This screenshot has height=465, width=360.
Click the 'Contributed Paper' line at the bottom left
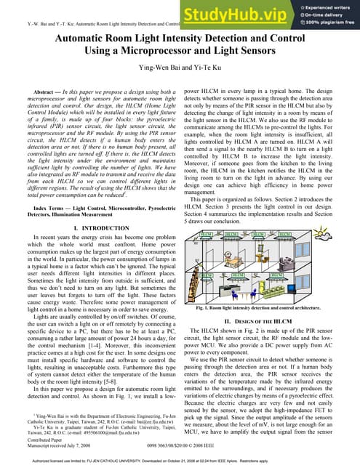30,440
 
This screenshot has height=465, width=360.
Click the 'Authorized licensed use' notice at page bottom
180,460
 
